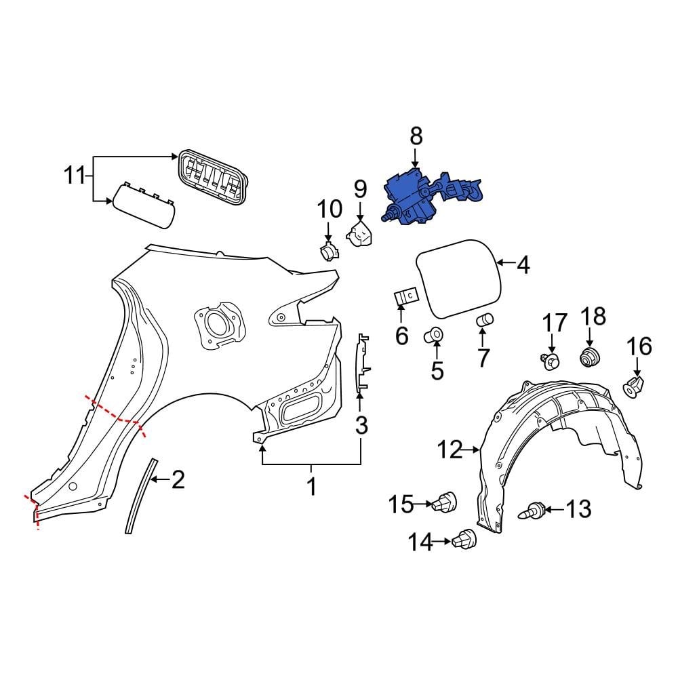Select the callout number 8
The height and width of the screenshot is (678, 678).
coord(416,136)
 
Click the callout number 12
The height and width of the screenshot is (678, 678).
coord(448,449)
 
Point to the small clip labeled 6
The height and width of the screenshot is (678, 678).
coord(406,297)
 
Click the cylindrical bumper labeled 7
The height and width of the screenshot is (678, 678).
coord(485,320)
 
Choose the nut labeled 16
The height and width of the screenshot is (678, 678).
coord(633,387)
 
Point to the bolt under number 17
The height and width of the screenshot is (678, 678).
coord(552,361)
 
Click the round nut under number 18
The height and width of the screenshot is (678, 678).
coord(589,357)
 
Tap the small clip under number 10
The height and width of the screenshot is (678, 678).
coord(329,252)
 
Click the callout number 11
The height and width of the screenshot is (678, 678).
coord(77,177)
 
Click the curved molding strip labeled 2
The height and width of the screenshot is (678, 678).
coord(138,495)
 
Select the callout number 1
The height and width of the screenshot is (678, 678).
coord(312,486)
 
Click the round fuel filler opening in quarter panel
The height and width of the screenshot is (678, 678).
coord(217,323)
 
